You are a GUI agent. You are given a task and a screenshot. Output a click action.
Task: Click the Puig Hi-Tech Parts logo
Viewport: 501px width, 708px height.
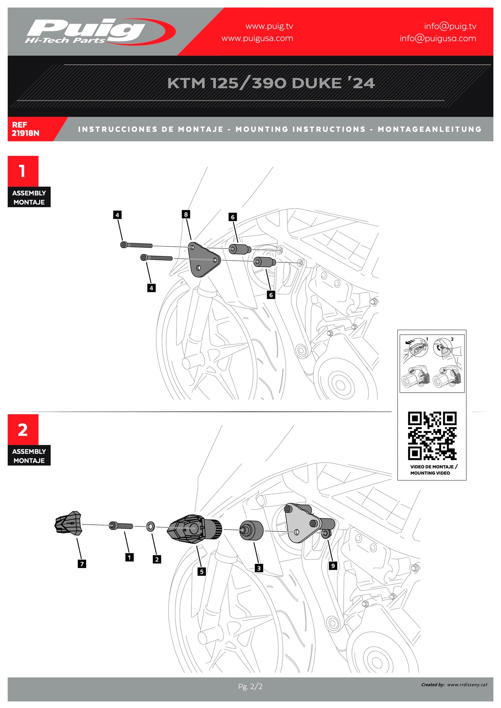100,32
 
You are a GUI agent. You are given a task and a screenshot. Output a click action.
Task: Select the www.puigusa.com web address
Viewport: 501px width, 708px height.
257,38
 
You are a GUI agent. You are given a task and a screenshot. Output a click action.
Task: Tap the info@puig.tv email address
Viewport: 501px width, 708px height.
450,26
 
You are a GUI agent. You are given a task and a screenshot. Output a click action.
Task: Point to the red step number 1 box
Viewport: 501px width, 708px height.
23,171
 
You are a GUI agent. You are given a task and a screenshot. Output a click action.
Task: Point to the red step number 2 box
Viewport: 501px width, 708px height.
23,429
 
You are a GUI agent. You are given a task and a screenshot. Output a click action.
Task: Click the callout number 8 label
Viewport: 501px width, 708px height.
186,214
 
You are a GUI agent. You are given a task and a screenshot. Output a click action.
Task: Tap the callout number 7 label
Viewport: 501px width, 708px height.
82,564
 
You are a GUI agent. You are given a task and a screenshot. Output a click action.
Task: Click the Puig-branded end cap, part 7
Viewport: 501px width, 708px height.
69,523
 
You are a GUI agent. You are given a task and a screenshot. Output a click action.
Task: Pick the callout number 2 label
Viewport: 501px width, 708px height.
157,559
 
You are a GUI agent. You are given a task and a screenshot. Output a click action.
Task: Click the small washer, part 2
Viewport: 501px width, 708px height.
151,527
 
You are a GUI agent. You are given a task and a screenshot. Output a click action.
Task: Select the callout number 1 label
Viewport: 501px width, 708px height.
129,557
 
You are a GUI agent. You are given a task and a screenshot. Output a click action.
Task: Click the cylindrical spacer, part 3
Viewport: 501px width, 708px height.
251,530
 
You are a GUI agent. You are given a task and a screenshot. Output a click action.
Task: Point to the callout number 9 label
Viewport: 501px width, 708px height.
333,566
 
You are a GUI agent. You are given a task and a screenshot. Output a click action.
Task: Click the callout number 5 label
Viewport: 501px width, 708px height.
202,571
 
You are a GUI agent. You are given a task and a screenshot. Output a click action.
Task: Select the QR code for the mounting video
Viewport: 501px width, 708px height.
432,436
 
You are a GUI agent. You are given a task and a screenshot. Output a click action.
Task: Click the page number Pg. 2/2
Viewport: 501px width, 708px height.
250,687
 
